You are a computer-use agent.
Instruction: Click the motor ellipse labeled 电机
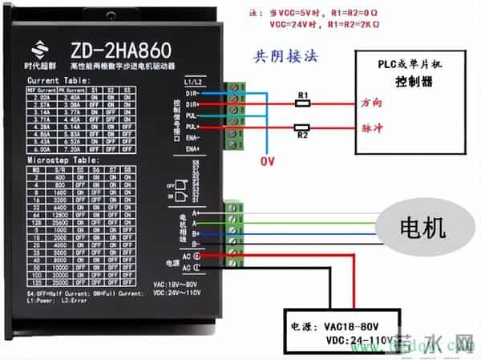422,228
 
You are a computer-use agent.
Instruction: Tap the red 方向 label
372,104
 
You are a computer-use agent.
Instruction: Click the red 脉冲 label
372,127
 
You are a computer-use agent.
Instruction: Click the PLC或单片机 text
410,63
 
